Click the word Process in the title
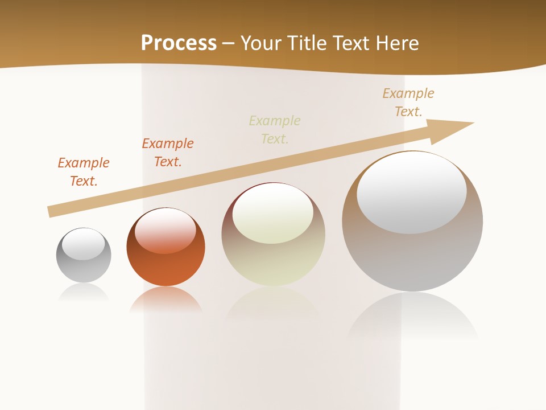pos(179,43)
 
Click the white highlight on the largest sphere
pos(412,192)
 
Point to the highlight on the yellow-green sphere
pos(273,213)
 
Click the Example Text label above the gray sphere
pos(84,172)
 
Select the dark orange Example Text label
pos(168,153)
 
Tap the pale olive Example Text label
pos(275,130)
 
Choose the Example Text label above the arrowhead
pos(408,102)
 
